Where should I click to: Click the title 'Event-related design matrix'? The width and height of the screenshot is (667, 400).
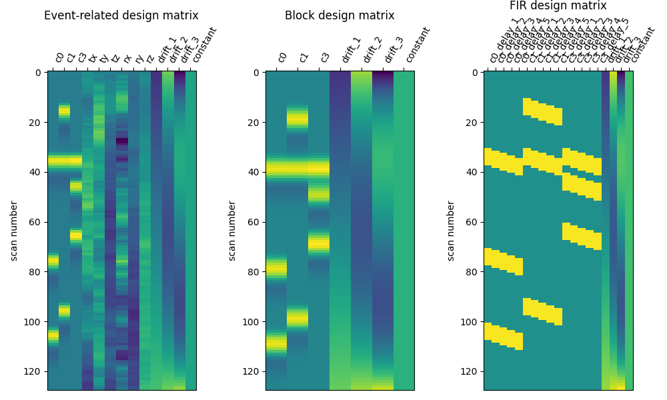121,15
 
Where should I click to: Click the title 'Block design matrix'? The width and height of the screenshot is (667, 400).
340,15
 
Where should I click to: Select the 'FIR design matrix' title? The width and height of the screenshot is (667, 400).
558,6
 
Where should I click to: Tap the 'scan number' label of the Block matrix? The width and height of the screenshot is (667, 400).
233,231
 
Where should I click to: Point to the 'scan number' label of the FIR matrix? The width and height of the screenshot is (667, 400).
451,231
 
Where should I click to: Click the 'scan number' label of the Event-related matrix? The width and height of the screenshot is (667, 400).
14,231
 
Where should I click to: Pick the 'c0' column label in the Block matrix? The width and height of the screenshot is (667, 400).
282,57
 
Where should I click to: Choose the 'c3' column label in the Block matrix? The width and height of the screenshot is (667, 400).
325,57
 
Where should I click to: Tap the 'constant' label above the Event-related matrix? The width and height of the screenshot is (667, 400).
205,45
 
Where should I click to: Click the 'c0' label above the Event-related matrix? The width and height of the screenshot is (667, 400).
59,57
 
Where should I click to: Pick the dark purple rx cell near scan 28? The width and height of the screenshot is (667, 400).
121,141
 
